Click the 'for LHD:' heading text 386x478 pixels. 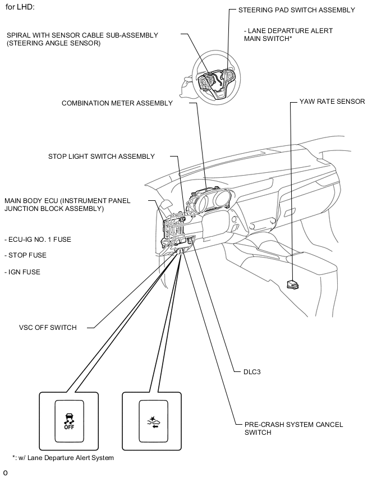pyautogui.click(x=21, y=7)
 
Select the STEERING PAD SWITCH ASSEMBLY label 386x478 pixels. pyautogui.click(x=296, y=10)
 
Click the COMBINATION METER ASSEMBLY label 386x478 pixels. pyautogui.click(x=117, y=103)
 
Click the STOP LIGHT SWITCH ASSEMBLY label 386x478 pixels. pyautogui.click(x=101, y=157)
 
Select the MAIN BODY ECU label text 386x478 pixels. pyautogui.click(x=54, y=204)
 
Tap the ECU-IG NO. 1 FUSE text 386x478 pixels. pyautogui.click(x=38, y=240)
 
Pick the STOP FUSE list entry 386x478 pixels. pyautogui.click(x=26, y=255)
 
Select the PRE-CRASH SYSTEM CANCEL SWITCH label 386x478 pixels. pyautogui.click(x=293, y=428)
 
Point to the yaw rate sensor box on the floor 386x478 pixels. pyautogui.click(x=292, y=284)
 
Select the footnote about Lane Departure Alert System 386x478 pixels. pyautogui.click(x=63, y=458)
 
